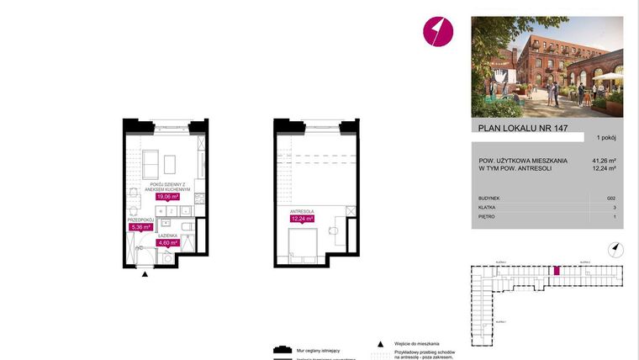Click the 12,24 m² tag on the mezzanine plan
[x=302, y=219]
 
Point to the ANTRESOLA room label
[x=302, y=210]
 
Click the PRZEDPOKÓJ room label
[x=140, y=218]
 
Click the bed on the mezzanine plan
[x=301, y=245]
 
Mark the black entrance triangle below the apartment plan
[x=145, y=274]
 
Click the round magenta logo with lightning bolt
[x=437, y=32]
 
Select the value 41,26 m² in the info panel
[x=604, y=161]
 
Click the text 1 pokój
[x=606, y=137]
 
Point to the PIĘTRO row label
[x=487, y=216]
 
